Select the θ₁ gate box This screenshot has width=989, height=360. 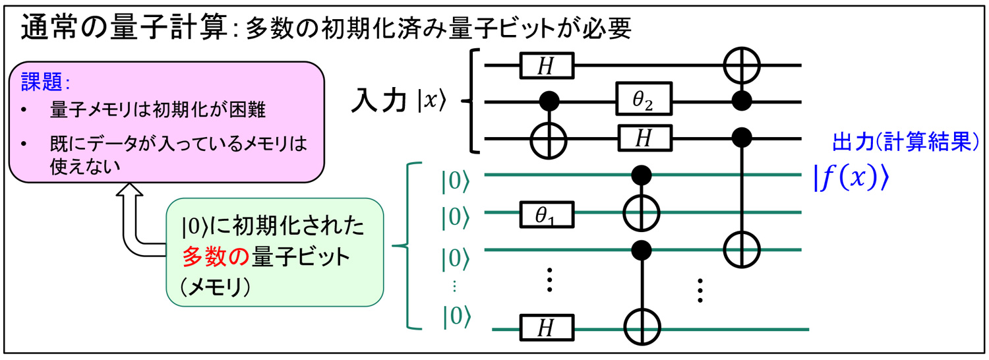pos(546,212)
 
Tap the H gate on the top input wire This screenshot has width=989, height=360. pos(546,65)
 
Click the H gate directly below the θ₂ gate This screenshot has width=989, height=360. pos(644,138)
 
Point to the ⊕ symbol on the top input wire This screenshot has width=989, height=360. pos(742,65)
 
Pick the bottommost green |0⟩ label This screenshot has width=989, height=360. pos(456,317)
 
